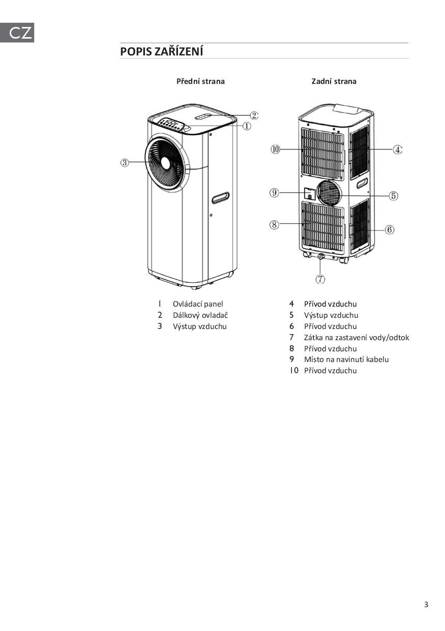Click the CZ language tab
(17, 33)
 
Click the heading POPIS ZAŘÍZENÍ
(161, 51)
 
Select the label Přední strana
(200, 81)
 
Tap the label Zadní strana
(334, 81)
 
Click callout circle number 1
(246, 126)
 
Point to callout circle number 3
(125, 163)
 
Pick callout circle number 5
(393, 196)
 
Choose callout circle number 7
(320, 279)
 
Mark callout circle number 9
(275, 193)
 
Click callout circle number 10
(275, 149)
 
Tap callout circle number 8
(274, 224)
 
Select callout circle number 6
(390, 230)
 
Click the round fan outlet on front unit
(166, 163)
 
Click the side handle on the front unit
(220, 198)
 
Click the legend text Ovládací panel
(198, 304)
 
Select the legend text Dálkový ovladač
(200, 315)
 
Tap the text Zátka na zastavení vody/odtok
(356, 338)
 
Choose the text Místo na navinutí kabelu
(346, 359)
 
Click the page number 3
(426, 605)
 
